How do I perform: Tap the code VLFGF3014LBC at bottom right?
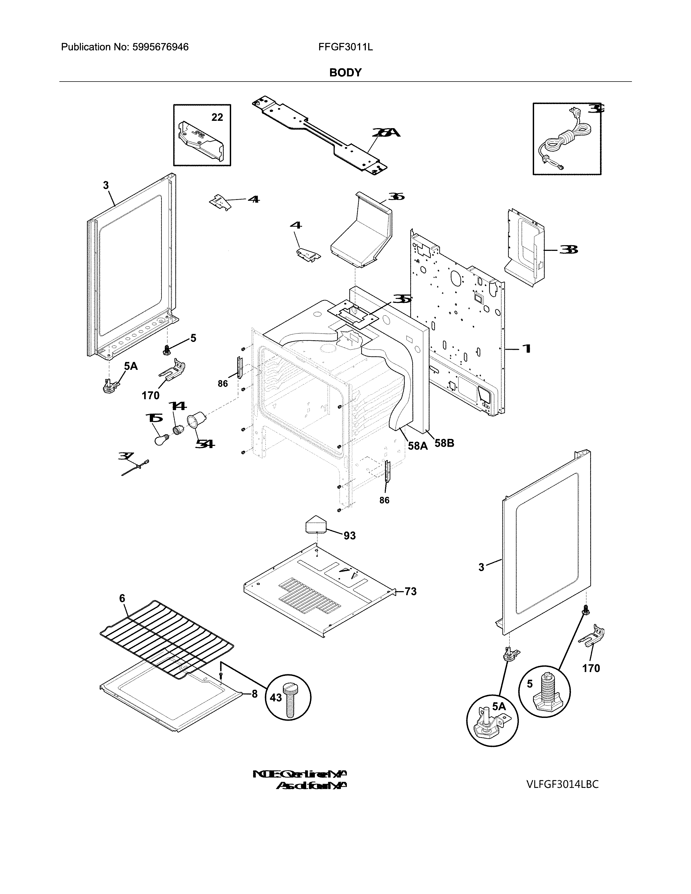(563, 784)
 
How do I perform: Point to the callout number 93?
(349, 535)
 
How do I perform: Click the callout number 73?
(410, 591)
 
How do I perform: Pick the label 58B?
(444, 443)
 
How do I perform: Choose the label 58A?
(418, 446)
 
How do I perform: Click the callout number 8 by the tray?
(254, 694)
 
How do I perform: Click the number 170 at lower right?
(591, 668)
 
